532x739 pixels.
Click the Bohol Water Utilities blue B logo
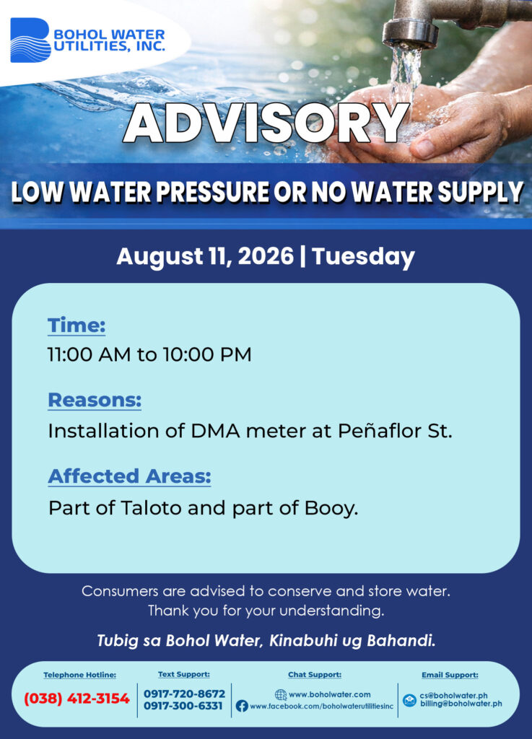[30, 40]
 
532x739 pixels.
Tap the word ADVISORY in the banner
[266, 123]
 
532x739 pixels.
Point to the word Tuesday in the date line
[363, 257]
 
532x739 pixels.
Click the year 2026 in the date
[266, 256]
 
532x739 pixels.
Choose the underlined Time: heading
[77, 325]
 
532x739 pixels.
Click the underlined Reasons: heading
[95, 400]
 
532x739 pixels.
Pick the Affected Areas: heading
[130, 476]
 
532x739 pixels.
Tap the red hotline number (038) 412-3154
[77, 698]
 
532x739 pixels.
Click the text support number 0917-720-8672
[184, 694]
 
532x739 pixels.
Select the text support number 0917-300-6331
[183, 706]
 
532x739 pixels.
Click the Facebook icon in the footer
[242, 706]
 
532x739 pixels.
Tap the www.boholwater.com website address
[329, 694]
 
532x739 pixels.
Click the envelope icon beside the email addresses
[409, 700]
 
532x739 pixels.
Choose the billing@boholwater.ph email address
[461, 704]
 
